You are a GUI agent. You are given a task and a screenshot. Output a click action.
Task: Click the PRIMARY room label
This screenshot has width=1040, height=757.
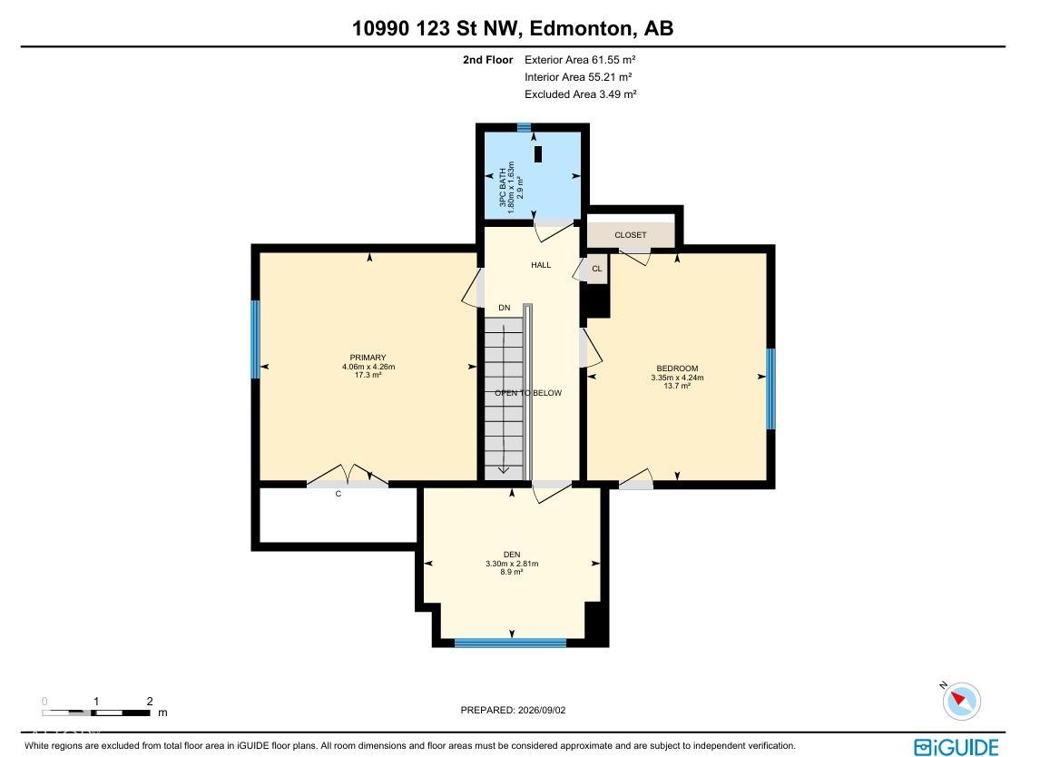(x=368, y=358)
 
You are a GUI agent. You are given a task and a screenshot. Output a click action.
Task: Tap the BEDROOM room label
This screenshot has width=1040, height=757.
(x=677, y=369)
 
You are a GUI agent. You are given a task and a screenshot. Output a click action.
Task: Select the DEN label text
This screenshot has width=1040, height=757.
(x=511, y=554)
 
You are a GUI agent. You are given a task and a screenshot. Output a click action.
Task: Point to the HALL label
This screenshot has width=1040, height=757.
(x=541, y=265)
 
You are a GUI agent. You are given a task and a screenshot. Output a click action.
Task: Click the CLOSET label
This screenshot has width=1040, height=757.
(x=630, y=235)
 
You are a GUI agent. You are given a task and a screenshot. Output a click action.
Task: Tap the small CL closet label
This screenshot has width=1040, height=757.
(x=597, y=269)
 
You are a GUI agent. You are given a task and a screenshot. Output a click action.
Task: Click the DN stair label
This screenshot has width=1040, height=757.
(x=505, y=308)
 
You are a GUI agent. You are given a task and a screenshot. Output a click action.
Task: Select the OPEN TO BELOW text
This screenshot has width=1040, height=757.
(x=528, y=393)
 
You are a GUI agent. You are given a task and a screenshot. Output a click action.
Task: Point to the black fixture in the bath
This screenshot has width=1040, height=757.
(x=538, y=154)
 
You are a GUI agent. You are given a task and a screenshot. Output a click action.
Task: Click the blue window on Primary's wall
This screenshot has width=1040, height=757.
(x=255, y=339)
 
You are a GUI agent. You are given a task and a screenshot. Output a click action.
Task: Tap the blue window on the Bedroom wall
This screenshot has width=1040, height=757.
(x=770, y=388)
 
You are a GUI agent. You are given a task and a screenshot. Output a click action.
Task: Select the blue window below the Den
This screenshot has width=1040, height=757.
(x=510, y=643)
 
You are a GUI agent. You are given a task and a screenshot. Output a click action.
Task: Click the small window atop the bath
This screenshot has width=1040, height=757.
(x=524, y=127)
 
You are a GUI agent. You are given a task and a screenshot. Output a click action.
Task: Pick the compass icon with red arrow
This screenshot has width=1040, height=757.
(x=961, y=701)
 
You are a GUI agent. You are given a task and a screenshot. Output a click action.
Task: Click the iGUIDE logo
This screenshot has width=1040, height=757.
(x=956, y=747)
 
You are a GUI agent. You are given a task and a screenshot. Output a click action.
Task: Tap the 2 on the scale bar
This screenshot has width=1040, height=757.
(x=150, y=702)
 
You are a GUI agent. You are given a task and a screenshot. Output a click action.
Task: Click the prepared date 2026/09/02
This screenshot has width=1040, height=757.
(x=541, y=710)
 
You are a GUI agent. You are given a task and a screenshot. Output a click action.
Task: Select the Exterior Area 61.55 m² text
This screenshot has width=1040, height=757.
(x=581, y=60)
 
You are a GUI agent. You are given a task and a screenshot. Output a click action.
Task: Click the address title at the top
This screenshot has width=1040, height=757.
(x=513, y=28)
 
